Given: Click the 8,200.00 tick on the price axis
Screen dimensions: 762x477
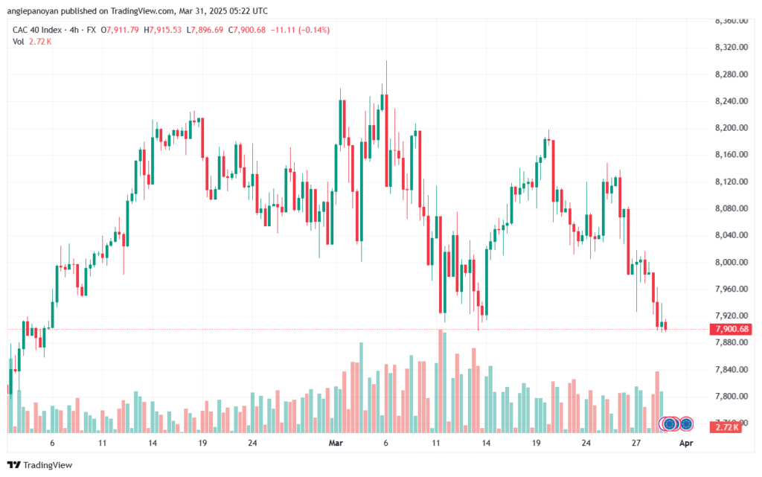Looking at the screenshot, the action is tap(731, 128).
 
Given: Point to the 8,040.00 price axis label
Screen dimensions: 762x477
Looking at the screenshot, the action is tap(731, 235).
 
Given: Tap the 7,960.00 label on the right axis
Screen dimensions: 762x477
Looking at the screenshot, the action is tap(731, 289).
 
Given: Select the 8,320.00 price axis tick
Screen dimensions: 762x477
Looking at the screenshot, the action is tap(731, 47).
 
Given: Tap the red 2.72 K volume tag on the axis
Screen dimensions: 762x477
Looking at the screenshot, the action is tap(726, 427).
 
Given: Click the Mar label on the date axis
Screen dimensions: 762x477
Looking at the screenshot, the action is tap(336, 443).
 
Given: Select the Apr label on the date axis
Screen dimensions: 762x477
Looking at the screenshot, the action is tap(685, 443).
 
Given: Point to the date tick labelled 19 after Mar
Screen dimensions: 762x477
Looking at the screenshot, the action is tap(536, 443).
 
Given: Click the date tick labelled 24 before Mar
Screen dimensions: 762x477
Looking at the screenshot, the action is tap(252, 443).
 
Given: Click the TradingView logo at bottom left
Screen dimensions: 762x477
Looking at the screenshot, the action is tap(40, 465).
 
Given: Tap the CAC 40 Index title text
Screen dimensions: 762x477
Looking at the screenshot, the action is tap(37, 30).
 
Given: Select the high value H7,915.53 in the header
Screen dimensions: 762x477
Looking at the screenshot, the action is tap(162, 30).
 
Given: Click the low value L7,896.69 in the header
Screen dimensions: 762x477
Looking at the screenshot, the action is tap(205, 30).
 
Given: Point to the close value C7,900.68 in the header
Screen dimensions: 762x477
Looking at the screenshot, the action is tap(247, 30).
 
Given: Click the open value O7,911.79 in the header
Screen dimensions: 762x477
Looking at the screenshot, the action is tap(120, 30).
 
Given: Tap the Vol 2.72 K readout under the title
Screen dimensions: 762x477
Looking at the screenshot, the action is tap(32, 42).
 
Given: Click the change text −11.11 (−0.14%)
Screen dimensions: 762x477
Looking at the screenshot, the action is tap(300, 30).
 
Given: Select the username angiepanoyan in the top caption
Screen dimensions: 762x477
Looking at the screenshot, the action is tap(30, 10).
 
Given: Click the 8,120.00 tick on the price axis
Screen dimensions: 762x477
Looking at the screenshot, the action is tap(731, 182).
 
